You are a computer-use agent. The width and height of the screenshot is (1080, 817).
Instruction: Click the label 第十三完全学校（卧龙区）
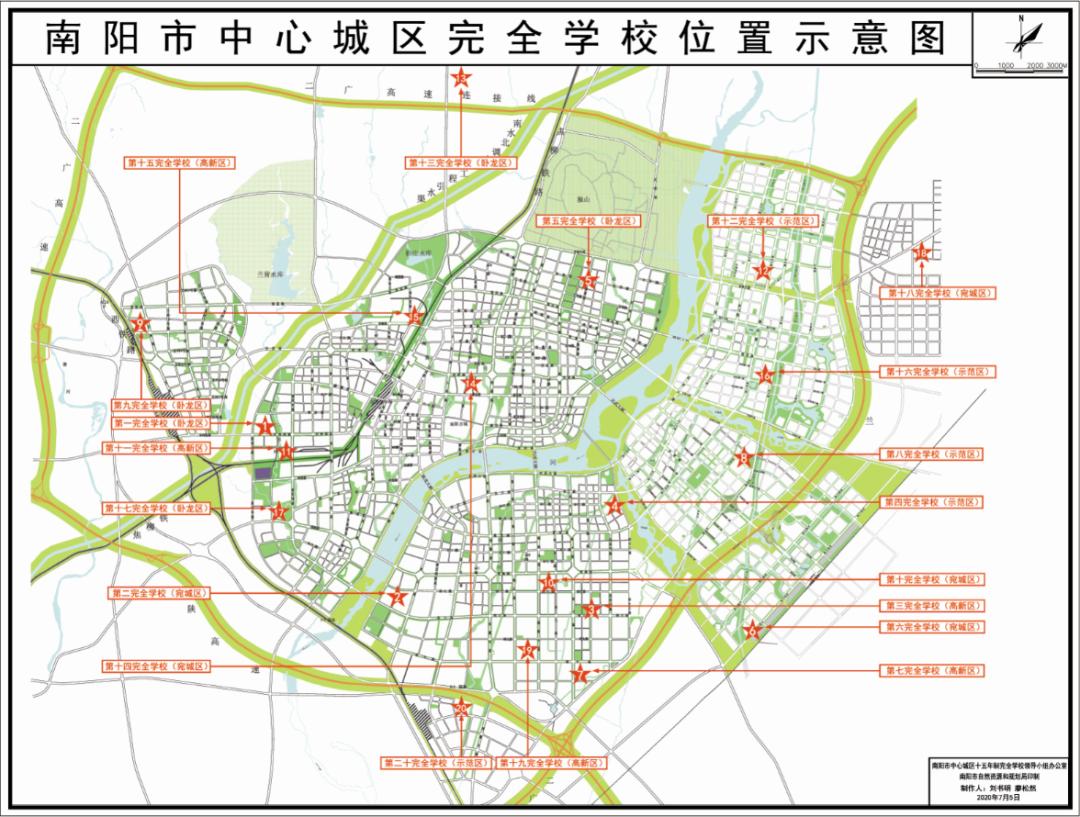tap(461, 162)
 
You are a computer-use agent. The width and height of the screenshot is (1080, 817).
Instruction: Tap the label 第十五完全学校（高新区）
tap(179, 161)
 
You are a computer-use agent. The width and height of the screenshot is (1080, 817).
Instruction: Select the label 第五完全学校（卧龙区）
tap(588, 220)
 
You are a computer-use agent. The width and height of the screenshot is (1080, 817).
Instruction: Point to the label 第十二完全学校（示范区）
tap(763, 220)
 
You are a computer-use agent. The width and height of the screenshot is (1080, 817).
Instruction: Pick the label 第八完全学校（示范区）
tap(932, 454)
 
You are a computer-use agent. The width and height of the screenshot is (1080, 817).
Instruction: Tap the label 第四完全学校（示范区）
tap(932, 501)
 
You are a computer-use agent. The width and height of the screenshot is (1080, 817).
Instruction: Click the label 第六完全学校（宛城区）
tap(932, 627)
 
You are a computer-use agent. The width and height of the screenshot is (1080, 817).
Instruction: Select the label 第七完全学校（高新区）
tap(932, 670)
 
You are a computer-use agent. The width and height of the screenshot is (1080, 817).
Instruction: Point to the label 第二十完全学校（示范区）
tap(436, 762)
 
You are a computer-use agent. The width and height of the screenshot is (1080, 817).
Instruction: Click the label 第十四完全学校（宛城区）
tap(159, 665)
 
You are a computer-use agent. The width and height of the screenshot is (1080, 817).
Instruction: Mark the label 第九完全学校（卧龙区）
tap(159, 406)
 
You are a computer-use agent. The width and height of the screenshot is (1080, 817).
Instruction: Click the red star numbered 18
tap(921, 255)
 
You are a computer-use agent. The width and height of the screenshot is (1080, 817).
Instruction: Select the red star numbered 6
tap(753, 630)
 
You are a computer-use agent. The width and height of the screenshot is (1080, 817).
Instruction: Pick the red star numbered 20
tap(461, 710)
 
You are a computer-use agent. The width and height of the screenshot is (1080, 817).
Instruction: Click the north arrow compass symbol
tap(1022, 39)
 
